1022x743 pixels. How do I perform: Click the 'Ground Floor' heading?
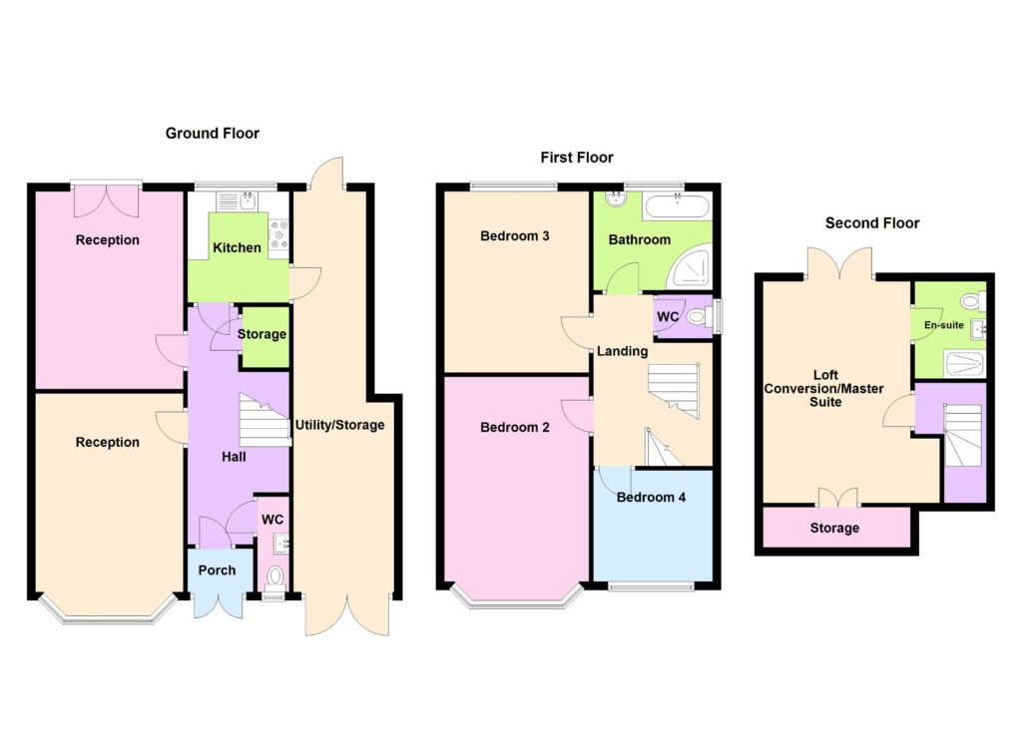tap(212, 133)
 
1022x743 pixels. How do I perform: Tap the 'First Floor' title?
tap(577, 157)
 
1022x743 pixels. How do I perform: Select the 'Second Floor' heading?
tap(871, 222)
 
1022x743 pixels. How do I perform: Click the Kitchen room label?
tap(238, 247)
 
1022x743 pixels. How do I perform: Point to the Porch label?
tap(218, 570)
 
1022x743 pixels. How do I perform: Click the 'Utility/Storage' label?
tap(339, 425)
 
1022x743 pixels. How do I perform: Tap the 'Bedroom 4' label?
tap(651, 497)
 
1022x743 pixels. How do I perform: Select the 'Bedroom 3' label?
tap(515, 236)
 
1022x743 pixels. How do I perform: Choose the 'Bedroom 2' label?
tap(515, 428)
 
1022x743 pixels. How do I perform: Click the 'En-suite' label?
tap(943, 325)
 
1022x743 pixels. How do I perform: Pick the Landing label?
tap(623, 351)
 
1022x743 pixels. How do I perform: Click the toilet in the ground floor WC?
tap(275, 576)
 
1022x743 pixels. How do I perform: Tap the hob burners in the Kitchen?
tap(276, 238)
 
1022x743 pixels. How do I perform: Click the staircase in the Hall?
tap(263, 422)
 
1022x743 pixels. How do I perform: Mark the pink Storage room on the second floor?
tap(834, 528)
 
